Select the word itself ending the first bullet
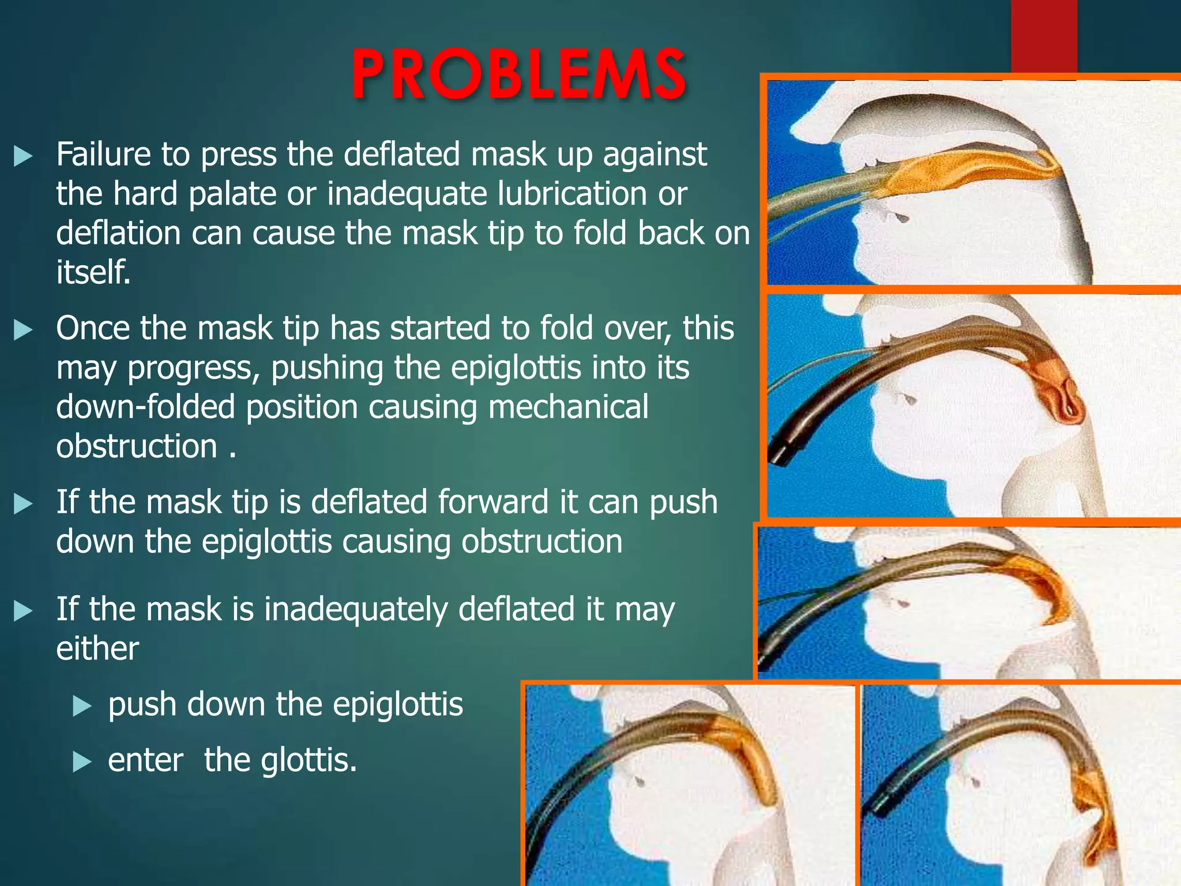pos(93,272)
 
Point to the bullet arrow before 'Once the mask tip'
pos(23,330)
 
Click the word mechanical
pos(568,407)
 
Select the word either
pos(97,648)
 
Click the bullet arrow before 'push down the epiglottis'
pos(82,705)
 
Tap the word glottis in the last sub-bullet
pos(309,760)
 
